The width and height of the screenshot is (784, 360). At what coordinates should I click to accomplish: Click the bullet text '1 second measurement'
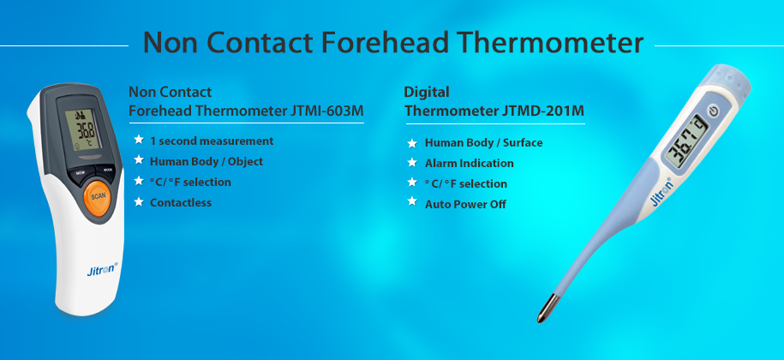212,141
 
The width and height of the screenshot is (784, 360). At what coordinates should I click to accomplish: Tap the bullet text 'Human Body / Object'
206,161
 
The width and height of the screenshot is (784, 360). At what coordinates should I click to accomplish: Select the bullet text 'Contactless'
180,202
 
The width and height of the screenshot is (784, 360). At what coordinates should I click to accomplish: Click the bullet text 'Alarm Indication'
470,163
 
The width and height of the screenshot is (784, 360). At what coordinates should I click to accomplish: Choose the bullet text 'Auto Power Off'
465,204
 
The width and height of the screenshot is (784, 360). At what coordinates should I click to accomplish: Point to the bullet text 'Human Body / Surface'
483,142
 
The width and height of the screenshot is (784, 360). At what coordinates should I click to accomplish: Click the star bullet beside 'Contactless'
138,202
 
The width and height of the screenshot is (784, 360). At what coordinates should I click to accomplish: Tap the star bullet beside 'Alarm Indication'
412,163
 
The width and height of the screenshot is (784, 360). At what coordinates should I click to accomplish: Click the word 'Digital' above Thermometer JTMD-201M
427,92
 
